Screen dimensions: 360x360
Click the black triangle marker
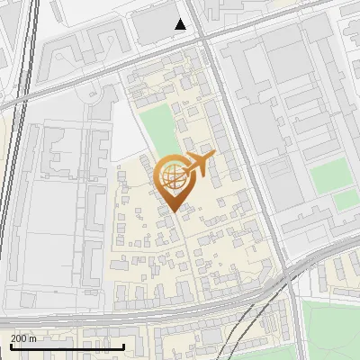pos(181,24)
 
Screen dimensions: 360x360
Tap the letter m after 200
pos(33,338)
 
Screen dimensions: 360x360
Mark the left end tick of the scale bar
pos(10,345)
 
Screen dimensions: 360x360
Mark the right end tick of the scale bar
pos(98,345)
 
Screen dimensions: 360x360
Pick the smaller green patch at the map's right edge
pos(346,201)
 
